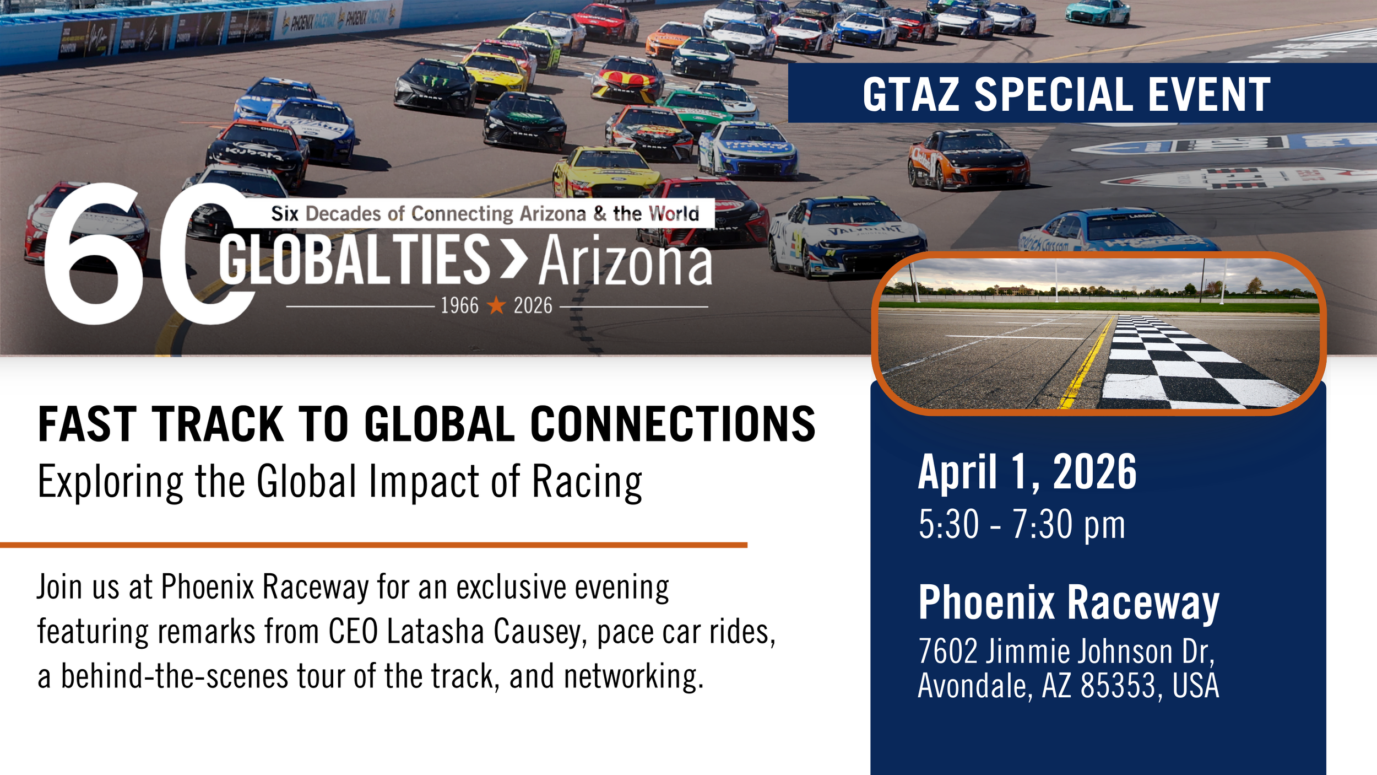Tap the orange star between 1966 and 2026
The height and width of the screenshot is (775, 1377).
496,305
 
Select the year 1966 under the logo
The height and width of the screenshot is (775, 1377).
459,305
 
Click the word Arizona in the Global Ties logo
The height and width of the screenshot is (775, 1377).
625,261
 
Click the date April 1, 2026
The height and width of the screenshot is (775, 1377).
1027,472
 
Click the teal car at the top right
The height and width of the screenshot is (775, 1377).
1097,12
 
